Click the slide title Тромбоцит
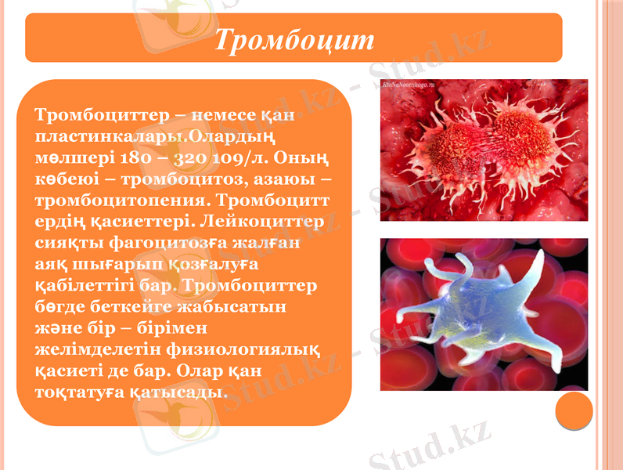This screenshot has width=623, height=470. pyautogui.click(x=294, y=40)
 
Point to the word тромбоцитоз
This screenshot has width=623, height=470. pyautogui.click(x=164, y=179)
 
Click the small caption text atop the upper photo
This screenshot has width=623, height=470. pyautogui.click(x=412, y=83)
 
